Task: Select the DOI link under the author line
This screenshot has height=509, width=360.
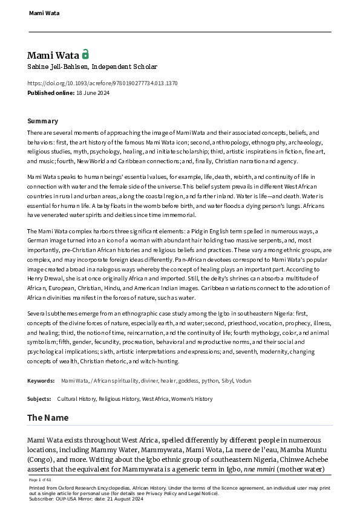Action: (102, 83)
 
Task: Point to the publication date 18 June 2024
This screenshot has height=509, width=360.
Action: (96, 92)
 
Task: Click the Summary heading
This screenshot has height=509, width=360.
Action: (43, 121)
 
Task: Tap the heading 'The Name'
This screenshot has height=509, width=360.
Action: (48, 418)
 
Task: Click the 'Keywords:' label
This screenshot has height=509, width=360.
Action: (41, 381)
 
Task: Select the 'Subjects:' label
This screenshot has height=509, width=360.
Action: (39, 399)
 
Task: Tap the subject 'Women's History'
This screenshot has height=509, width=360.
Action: (192, 399)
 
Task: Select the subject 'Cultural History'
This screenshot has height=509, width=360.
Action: (77, 399)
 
